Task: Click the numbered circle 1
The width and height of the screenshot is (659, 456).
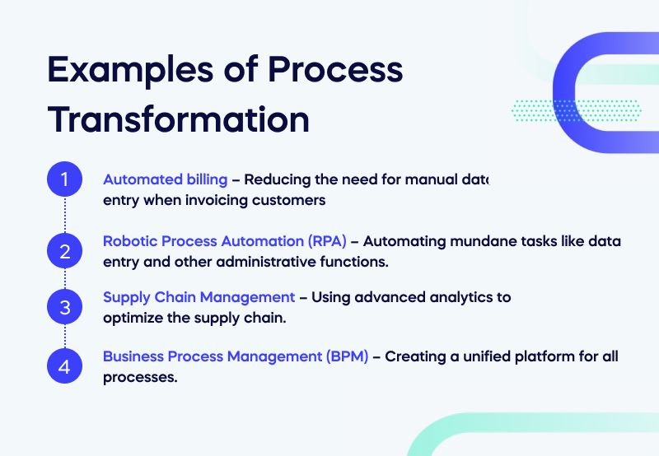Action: coord(65,179)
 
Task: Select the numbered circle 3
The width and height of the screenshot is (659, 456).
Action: coord(65,308)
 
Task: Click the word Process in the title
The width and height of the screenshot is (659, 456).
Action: coord(348,71)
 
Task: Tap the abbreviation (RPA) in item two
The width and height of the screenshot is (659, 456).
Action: coord(325,241)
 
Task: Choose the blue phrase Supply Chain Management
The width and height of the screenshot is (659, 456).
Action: coord(199,297)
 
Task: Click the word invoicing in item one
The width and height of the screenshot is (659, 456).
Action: coord(213,200)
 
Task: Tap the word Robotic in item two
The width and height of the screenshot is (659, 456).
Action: coord(128,241)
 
